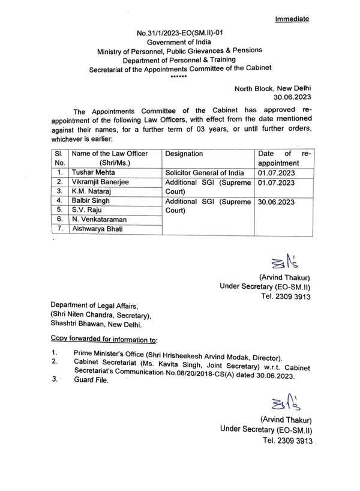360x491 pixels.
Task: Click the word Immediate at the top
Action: (x=292, y=19)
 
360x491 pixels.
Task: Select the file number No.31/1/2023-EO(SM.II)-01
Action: (x=188, y=37)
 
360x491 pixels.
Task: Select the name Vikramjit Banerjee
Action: (x=100, y=181)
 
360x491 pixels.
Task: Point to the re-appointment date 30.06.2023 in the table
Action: (x=277, y=201)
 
